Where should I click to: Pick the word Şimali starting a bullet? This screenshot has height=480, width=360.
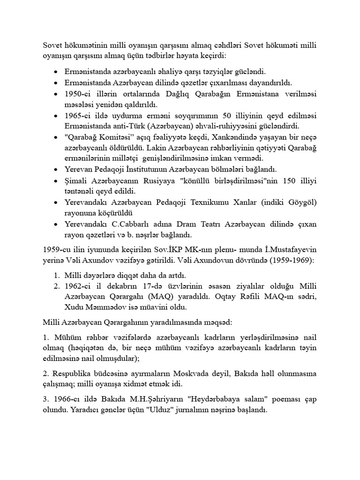point(76,180)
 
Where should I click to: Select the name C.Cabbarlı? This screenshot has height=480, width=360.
point(121,224)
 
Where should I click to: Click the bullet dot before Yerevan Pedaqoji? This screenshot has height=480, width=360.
point(56,170)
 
